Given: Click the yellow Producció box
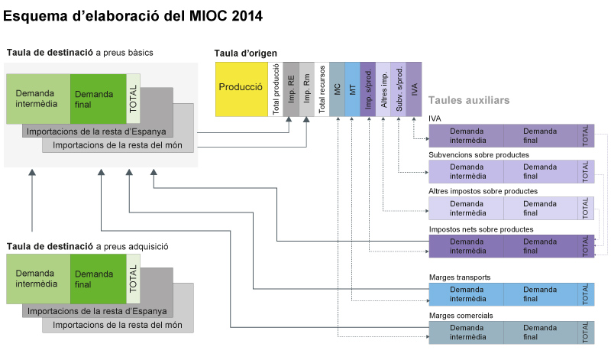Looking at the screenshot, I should pos(241,88).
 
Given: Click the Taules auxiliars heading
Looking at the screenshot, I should pos(469,100).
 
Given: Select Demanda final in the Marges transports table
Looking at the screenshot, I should pos(540,294).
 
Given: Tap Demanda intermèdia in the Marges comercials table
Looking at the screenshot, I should pos(466,332).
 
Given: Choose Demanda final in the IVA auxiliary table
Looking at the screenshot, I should pos(540,135).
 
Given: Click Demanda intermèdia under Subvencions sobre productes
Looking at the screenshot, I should pos(466,171).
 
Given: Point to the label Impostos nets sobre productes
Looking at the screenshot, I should pos(481,229).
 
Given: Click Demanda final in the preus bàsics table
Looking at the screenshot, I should pos(99,99).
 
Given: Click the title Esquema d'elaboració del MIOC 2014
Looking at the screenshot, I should pos(134,15).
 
